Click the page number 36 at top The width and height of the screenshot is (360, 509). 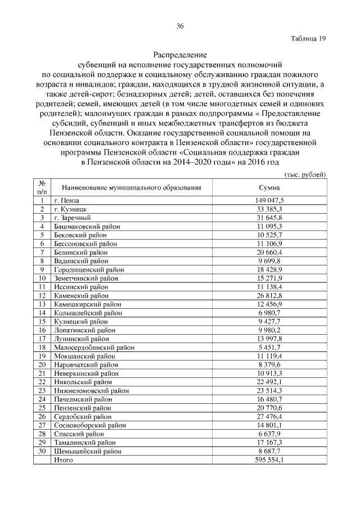click(x=180, y=26)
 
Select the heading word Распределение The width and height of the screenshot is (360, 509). click(x=180, y=55)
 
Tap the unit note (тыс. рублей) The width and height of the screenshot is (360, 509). click(x=305, y=175)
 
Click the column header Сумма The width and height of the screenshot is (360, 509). click(x=269, y=187)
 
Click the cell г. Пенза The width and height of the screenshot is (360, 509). click(x=67, y=200)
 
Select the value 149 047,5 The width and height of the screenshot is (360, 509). click(x=269, y=200)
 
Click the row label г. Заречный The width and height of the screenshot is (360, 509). click(x=72, y=218)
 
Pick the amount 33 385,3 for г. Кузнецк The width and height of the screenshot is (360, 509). click(x=269, y=209)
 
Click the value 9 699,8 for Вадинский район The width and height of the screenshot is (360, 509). click(x=269, y=261)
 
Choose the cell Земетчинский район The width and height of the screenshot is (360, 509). click(x=86, y=278)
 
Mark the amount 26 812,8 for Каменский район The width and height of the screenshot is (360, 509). click(x=269, y=296)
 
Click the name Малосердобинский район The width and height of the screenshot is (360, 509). click(x=94, y=348)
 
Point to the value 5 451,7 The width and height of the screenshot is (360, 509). click(x=269, y=348)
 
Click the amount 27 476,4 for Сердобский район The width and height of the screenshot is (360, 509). click(x=269, y=417)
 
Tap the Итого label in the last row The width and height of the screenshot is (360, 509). click(x=63, y=460)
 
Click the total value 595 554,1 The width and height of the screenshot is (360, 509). click(x=269, y=460)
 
